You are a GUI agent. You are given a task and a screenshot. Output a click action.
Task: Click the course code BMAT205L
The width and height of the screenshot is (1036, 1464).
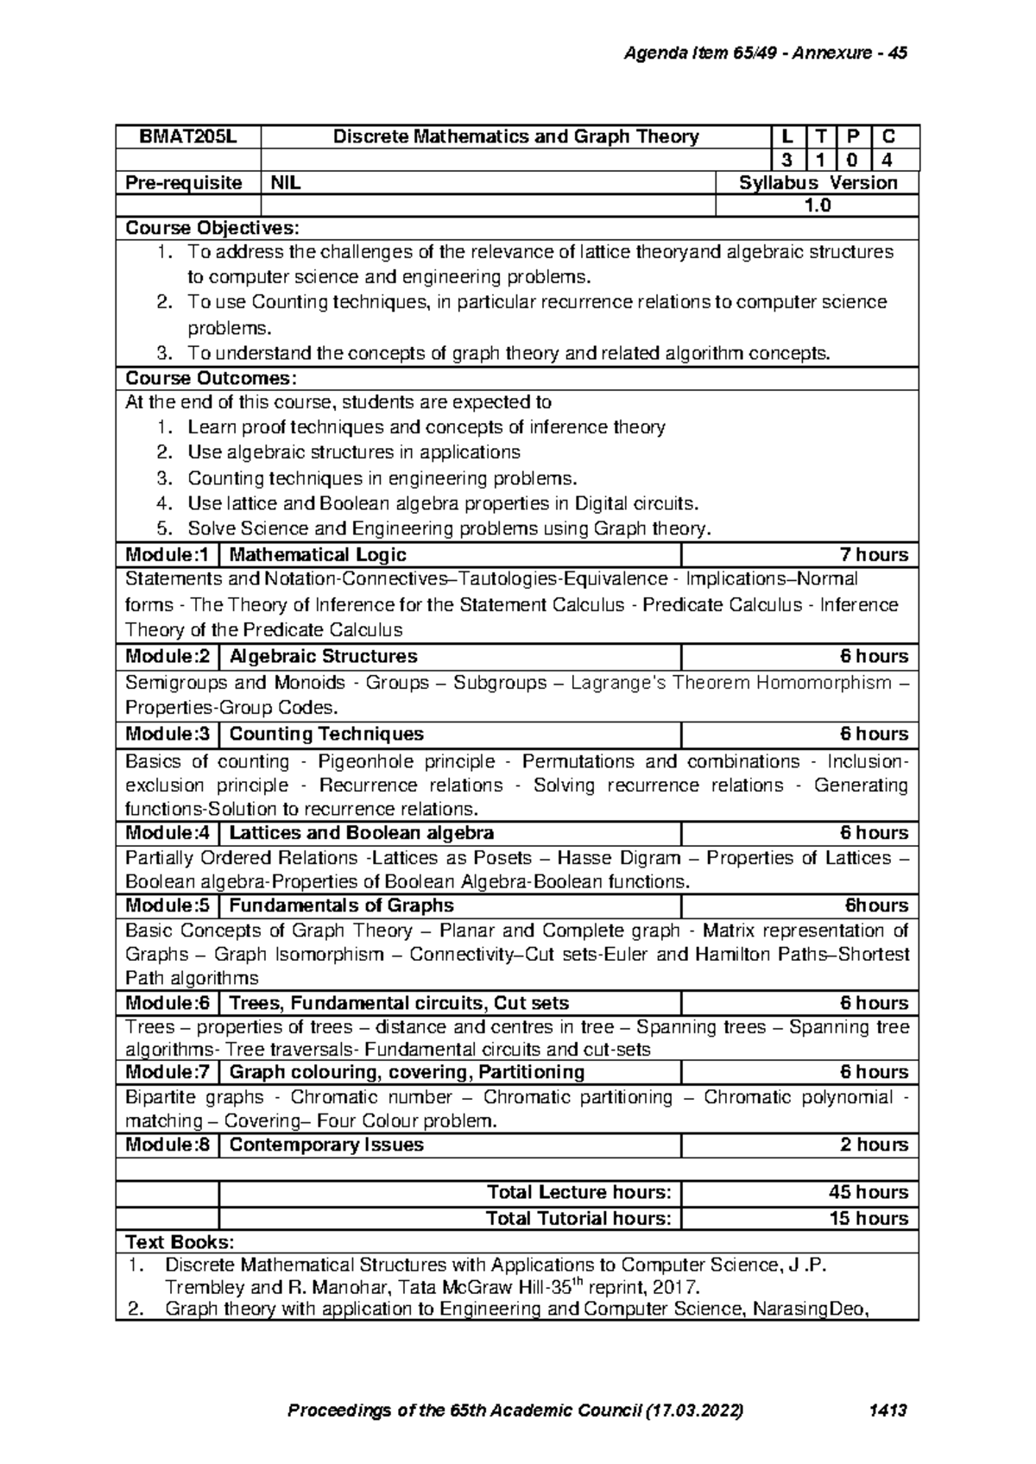(187, 136)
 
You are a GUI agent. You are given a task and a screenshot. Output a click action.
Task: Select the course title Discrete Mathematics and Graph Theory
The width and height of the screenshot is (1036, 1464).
(515, 136)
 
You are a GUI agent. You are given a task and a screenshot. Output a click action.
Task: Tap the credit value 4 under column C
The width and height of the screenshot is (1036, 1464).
(888, 160)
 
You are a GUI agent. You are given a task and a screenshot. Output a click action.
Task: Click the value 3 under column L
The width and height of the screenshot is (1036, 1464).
(786, 160)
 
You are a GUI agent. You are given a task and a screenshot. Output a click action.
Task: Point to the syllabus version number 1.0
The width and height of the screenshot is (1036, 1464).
(817, 205)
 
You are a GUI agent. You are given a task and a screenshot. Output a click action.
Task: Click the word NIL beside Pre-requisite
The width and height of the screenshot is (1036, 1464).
(287, 183)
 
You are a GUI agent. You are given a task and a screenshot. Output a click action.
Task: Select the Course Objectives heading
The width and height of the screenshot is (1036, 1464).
(212, 228)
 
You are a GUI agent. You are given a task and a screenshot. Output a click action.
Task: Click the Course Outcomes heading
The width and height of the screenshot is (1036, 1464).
(211, 378)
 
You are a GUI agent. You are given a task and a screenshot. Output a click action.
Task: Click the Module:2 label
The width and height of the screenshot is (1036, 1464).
(167, 656)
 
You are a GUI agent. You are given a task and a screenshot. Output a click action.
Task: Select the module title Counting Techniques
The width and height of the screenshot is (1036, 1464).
(326, 734)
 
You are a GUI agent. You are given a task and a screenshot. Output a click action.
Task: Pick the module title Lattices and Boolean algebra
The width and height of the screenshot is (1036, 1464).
(361, 833)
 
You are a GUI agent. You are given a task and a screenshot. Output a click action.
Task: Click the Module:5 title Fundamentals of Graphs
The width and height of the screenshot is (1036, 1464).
(341, 906)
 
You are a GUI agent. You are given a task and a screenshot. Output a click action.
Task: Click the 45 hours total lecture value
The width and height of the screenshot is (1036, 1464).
(868, 1192)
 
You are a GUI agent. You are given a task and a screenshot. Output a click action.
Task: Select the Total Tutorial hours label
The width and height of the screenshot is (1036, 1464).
(578, 1218)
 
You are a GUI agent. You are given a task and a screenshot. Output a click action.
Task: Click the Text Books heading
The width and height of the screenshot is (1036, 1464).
(180, 1242)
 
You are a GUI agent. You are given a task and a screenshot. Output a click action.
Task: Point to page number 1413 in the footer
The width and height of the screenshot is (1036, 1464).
(889, 1410)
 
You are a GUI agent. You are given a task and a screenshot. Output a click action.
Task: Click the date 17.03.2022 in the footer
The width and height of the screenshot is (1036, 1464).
(695, 1410)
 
